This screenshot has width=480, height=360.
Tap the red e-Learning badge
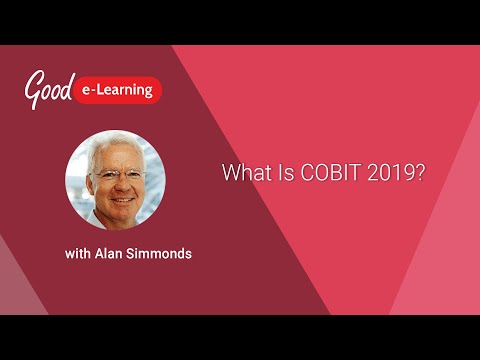point(118,90)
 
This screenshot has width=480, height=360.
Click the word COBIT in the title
point(319,173)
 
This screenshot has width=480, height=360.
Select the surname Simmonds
point(161,254)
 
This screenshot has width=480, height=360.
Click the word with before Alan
point(79,254)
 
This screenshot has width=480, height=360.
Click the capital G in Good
point(33,88)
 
